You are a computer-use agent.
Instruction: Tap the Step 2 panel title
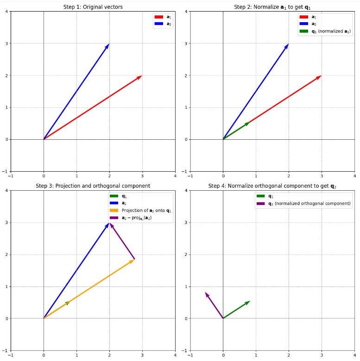272,6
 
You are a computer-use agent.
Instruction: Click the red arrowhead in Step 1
139,77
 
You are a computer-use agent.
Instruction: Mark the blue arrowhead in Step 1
108,46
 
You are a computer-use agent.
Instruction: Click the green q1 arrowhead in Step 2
247,124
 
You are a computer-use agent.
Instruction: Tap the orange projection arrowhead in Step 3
132,261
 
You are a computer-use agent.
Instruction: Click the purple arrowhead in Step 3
111,225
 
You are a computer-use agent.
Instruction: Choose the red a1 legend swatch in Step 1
158,17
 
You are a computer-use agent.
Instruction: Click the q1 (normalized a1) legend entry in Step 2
324,31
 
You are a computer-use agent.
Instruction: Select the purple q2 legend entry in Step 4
303,203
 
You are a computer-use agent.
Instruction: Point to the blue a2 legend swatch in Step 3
114,203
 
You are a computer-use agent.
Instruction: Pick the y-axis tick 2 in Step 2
186,75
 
